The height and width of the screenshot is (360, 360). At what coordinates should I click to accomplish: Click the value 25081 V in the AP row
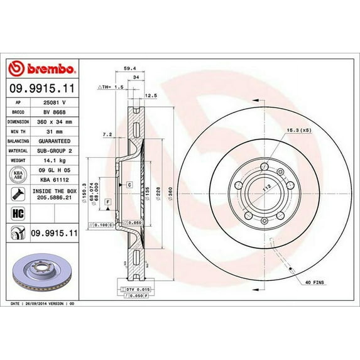[55, 101]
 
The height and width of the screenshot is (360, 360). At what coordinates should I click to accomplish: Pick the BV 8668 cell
[55, 111]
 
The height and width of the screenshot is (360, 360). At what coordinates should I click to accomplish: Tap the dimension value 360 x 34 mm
[55, 121]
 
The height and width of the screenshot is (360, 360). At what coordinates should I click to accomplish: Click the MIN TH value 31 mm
[55, 131]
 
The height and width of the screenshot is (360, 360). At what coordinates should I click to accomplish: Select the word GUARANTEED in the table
[55, 141]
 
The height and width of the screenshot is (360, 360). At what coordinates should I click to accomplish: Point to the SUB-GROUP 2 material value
[55, 151]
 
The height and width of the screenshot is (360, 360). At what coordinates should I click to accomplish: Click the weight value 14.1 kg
[55, 161]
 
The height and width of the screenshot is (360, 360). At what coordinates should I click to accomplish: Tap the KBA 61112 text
[55, 180]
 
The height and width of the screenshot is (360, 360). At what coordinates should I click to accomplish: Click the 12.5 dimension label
[150, 95]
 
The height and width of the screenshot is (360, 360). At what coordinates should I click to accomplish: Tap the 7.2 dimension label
[107, 134]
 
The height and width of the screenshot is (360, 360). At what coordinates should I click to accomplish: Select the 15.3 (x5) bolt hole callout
[299, 130]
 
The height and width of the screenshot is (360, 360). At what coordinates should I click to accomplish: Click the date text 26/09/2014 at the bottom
[48, 303]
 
